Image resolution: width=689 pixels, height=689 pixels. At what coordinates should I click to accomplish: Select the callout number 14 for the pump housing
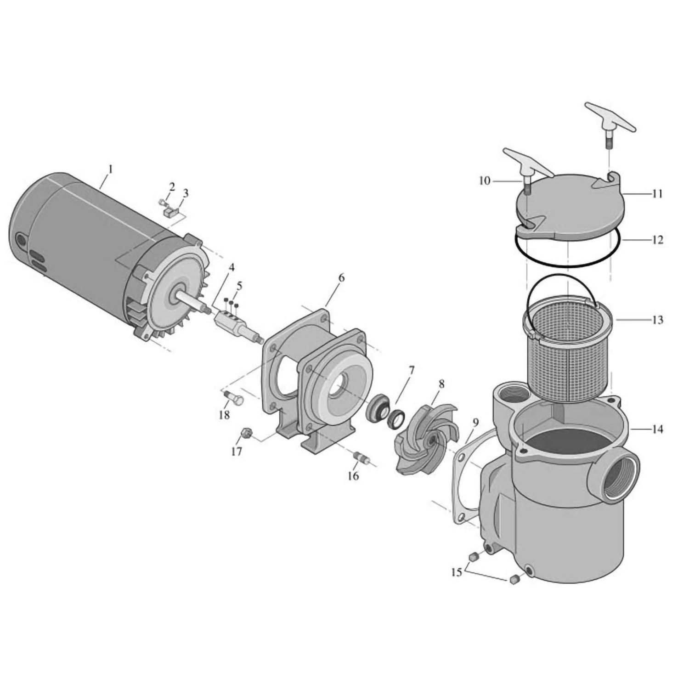click(x=657, y=429)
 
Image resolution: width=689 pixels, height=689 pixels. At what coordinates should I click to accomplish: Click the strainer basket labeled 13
click(x=570, y=349)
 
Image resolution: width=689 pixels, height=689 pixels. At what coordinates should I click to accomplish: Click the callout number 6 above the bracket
click(x=341, y=277)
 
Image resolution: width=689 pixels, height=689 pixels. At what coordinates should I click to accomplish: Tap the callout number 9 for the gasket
click(x=475, y=422)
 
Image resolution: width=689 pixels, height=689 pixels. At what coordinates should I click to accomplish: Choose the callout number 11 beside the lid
click(x=657, y=194)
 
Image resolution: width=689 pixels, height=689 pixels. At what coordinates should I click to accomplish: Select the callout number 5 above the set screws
click(x=239, y=286)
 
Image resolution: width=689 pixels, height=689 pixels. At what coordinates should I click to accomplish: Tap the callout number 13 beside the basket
click(x=657, y=319)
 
